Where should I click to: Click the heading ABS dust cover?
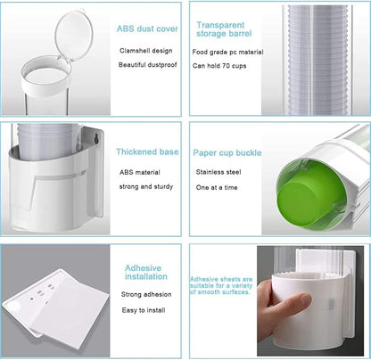(147, 29)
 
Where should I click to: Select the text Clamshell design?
(146, 51)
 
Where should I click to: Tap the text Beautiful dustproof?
(147, 65)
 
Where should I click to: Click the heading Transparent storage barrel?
(224, 29)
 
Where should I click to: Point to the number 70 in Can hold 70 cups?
(226, 66)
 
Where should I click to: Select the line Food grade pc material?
(227, 52)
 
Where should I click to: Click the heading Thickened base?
(147, 151)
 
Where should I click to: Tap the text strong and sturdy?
(146, 186)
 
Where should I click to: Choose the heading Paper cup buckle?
(227, 152)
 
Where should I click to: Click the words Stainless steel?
(218, 172)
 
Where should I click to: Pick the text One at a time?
(217, 187)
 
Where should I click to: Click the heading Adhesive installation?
(146, 273)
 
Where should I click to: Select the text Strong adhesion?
(146, 294)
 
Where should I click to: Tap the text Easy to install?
(144, 310)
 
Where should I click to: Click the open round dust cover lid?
(74, 34)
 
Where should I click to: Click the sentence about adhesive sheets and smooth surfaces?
(221, 285)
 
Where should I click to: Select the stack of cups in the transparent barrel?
(317, 60)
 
